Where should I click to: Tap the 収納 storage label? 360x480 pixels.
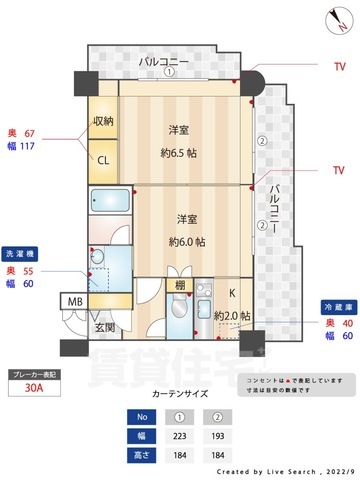[104, 121]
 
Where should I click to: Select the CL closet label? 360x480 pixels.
[103, 157]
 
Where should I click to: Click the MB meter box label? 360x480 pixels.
[75, 301]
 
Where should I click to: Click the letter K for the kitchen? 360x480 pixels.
[231, 293]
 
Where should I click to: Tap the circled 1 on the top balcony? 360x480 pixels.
[170, 72]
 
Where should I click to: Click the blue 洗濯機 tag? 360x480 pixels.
[21, 253]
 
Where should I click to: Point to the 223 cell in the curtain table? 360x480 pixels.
[179, 437]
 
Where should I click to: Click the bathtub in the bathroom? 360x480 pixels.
[110, 199]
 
